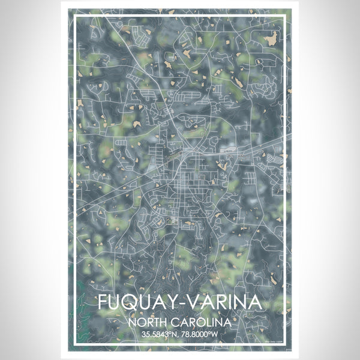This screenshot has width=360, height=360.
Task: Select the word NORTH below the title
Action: point(151,322)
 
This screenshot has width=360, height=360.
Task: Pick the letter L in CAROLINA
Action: point(208,322)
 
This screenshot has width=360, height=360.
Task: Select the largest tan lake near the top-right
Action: point(270,38)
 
